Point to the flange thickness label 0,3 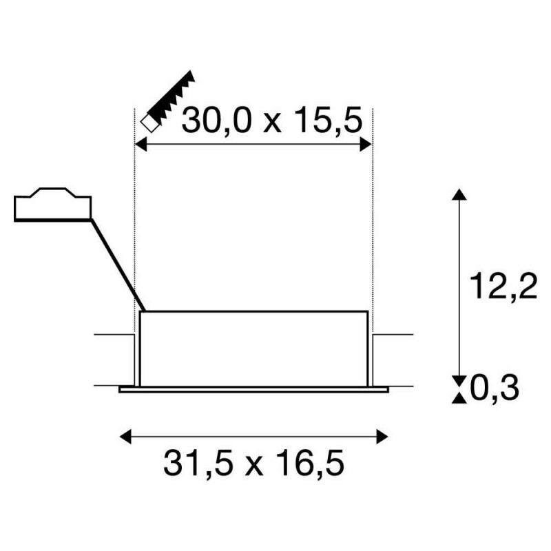pos(495,390)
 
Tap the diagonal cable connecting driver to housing pos(117,265)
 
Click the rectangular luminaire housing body pos(253,348)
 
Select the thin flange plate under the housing pos(253,389)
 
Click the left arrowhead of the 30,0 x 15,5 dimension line pos(140,145)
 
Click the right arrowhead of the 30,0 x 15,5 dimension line pos(366,145)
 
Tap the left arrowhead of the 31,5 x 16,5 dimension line pos(125,435)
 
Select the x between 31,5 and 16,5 pos(254,466)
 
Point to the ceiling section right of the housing pos(393,360)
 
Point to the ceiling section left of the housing pos(114,360)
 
